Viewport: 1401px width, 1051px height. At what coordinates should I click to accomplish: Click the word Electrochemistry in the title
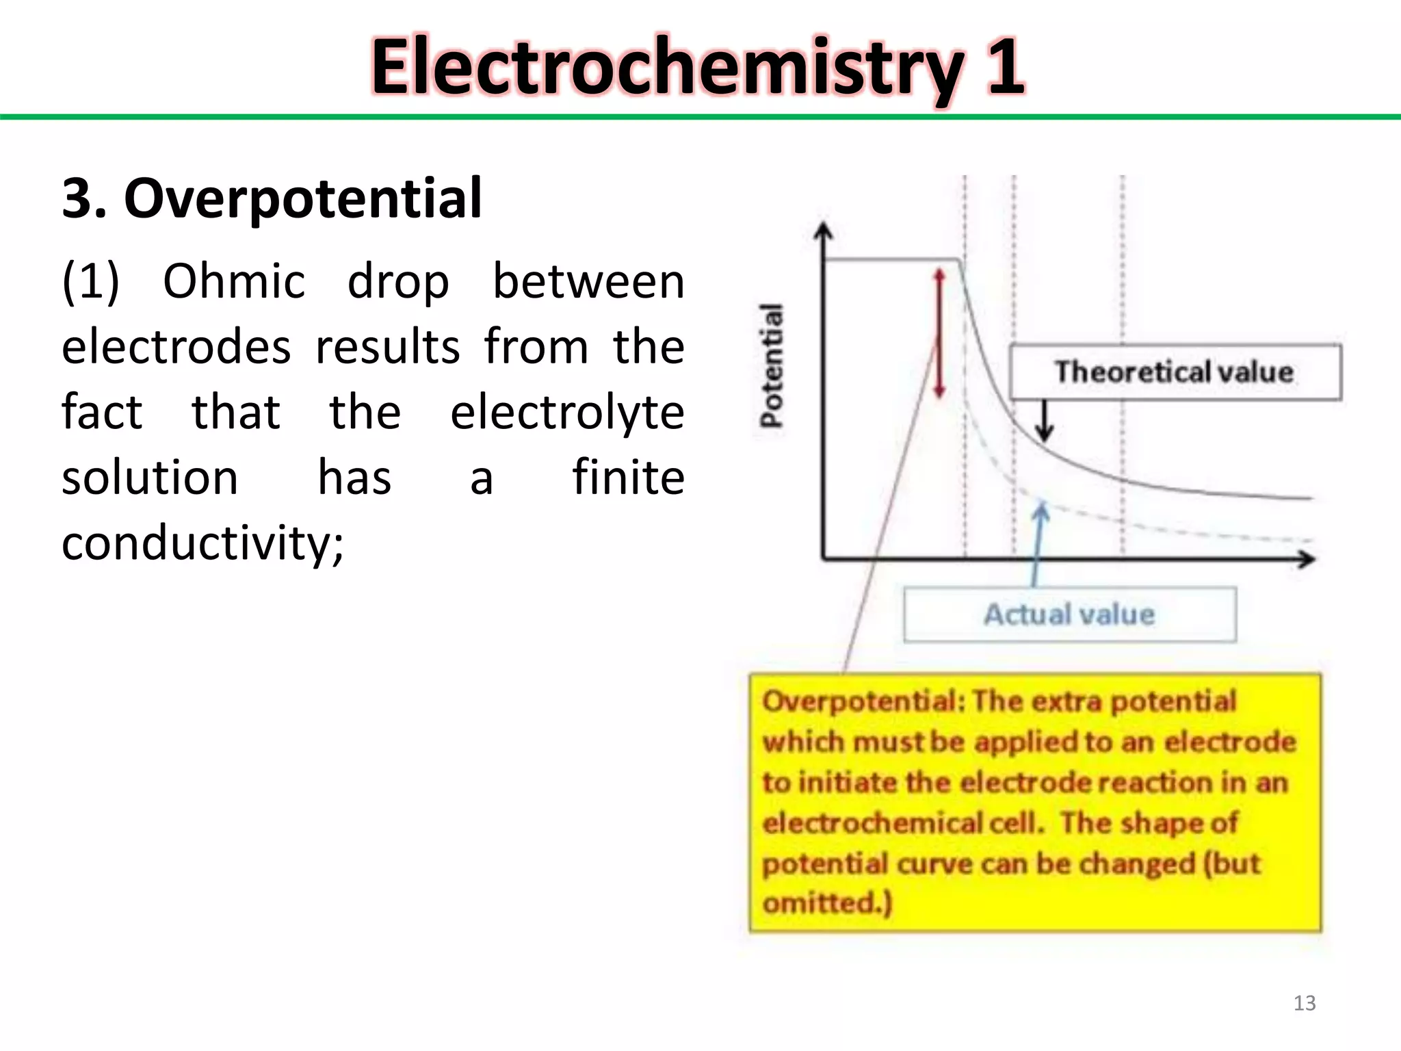[667, 67]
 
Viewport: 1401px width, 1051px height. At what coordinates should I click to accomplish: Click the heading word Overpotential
[303, 198]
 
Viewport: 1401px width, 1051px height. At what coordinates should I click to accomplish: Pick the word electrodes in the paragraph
[176, 347]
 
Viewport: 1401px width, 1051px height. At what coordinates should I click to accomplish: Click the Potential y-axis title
[772, 365]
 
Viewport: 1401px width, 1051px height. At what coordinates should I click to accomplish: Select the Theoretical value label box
[1175, 372]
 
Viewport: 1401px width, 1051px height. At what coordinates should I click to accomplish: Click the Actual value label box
[1069, 614]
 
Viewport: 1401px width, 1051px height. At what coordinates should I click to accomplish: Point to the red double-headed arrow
[939, 333]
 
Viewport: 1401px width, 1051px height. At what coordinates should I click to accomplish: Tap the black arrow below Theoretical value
[1044, 421]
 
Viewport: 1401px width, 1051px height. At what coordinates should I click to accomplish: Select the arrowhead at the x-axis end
[1306, 560]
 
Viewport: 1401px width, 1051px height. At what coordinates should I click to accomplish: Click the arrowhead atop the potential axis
[824, 232]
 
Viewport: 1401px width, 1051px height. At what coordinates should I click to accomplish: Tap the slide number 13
[1304, 1003]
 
